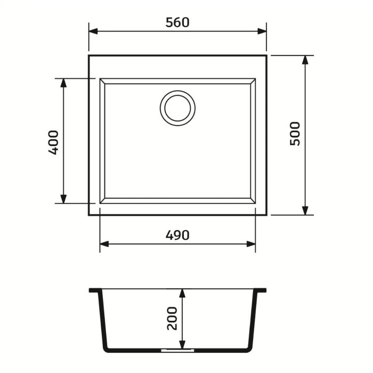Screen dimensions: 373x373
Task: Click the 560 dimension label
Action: pyautogui.click(x=177, y=22)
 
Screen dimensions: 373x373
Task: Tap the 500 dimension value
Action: pyautogui.click(x=295, y=133)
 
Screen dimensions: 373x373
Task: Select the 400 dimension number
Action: pyautogui.click(x=53, y=142)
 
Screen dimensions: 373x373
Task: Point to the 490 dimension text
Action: pyautogui.click(x=177, y=236)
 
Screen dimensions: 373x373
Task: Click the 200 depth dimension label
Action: pyautogui.click(x=172, y=318)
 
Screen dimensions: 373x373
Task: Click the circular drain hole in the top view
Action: pyautogui.click(x=177, y=108)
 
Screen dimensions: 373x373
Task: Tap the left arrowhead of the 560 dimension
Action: pyautogui.click(x=93, y=31)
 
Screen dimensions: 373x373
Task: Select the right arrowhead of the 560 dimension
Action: pyautogui.click(x=262, y=31)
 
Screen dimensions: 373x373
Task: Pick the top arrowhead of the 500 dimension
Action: pyautogui.click(x=305, y=60)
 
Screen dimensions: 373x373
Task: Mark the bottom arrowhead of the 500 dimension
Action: pyautogui.click(x=305, y=210)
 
